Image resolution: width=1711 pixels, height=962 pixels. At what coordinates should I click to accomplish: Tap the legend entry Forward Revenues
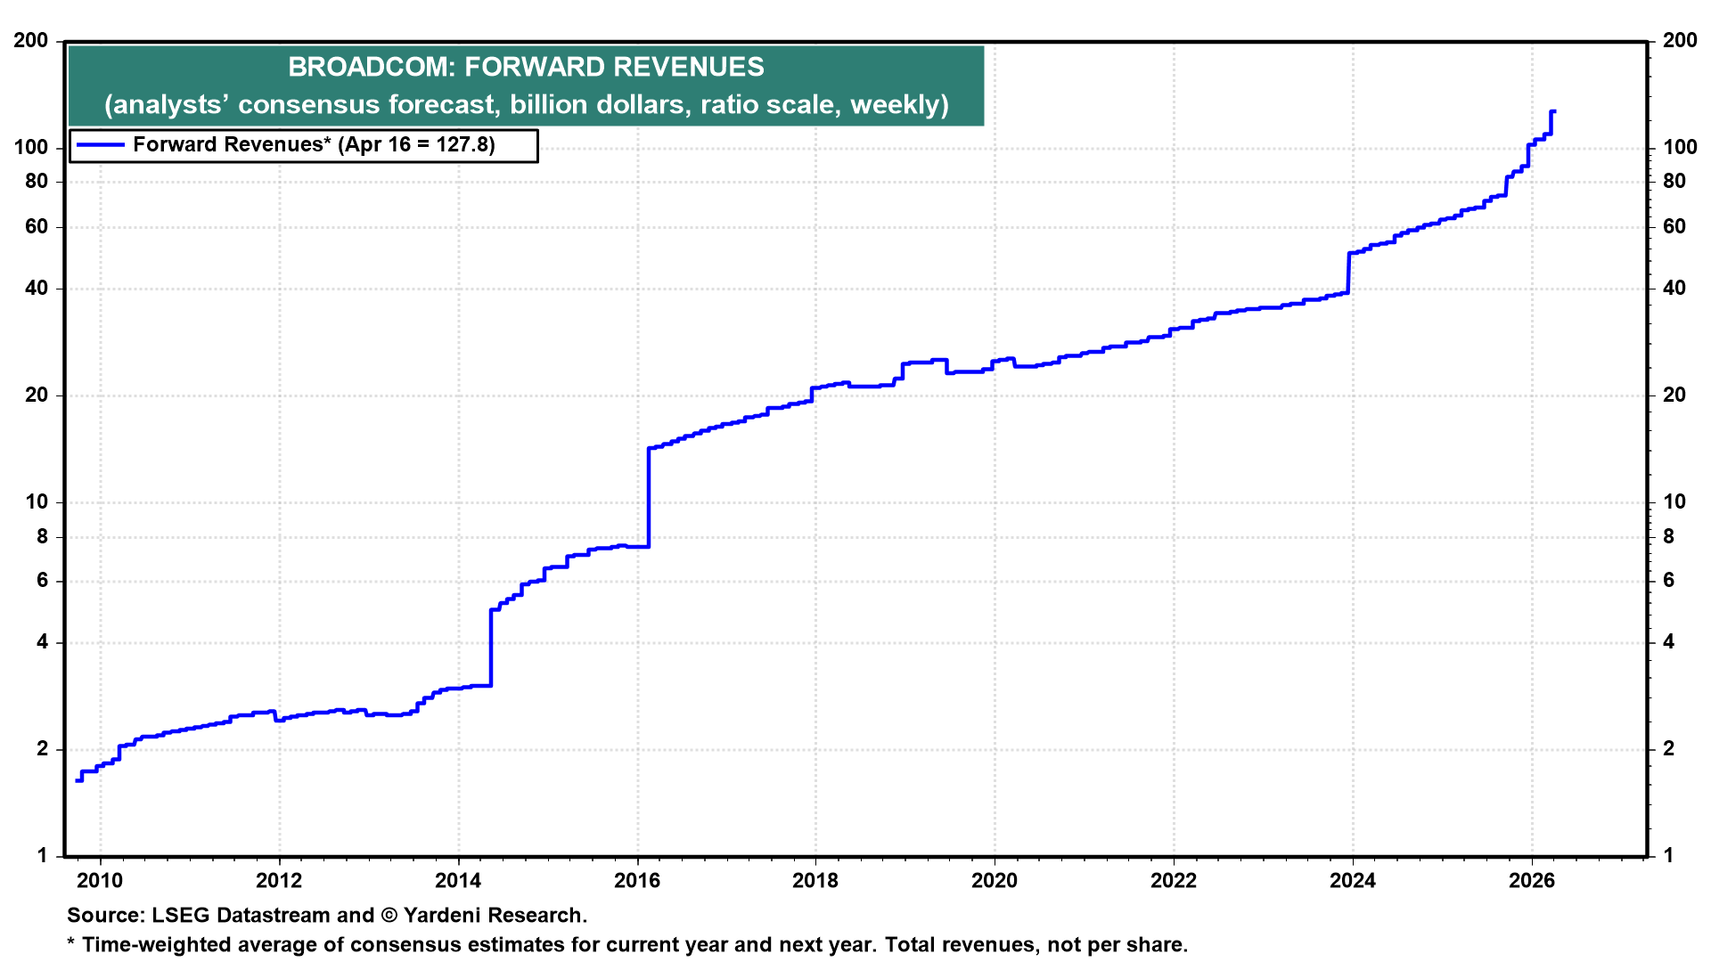228,145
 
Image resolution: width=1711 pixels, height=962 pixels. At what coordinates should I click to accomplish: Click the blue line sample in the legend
100,145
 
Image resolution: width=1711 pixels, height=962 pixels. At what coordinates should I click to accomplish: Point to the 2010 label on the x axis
100,881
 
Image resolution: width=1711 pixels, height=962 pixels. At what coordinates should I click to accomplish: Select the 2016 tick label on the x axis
637,881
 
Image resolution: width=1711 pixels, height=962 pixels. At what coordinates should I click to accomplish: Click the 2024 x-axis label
1353,881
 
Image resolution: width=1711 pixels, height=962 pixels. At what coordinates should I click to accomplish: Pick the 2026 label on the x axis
1531,881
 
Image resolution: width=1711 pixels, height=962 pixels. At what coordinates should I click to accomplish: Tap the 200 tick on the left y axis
31,41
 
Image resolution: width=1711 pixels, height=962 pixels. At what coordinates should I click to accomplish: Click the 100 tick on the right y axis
1680,148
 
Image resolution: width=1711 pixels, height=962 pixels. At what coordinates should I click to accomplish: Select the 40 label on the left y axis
37,289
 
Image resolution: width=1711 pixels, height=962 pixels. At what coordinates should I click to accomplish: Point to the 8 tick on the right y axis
1668,537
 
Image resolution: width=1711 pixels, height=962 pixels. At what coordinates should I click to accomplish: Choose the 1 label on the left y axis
42,856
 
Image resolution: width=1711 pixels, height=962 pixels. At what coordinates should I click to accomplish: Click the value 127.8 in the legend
464,145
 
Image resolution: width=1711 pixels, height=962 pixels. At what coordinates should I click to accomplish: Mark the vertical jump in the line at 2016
648,497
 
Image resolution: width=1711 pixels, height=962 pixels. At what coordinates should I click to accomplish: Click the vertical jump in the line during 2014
491,648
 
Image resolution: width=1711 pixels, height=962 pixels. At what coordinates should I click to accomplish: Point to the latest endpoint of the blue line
1553,111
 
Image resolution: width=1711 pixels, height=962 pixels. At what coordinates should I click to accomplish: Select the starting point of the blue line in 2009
77,780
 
